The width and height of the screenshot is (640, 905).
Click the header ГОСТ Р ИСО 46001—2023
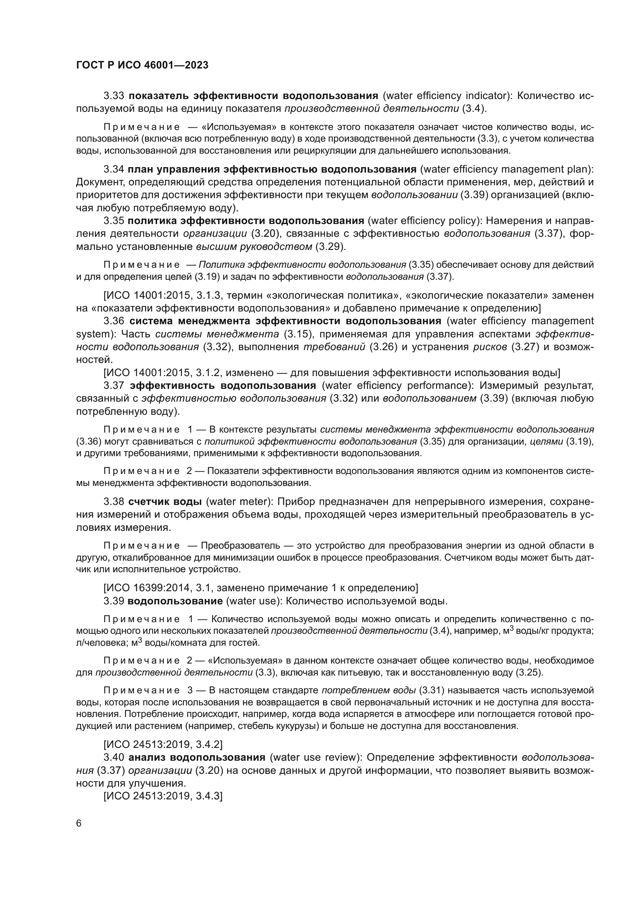[x=142, y=65]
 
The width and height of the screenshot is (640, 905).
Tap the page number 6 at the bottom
[x=79, y=823]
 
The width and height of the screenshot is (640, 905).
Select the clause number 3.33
[x=114, y=96]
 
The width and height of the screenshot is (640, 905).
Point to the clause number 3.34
[x=114, y=169]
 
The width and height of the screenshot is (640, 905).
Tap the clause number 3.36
[x=114, y=321]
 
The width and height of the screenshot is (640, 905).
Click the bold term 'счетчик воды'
[x=165, y=502]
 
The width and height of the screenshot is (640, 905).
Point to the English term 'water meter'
[x=240, y=502]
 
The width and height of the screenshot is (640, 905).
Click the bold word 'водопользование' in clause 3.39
[x=175, y=601]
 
